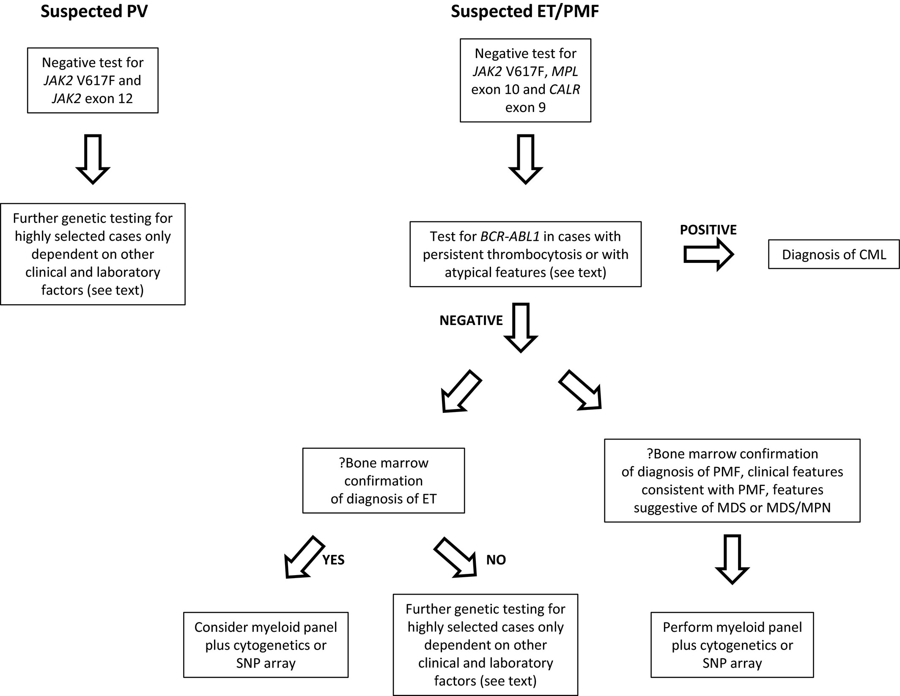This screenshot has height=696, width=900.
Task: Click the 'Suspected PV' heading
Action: [x=94, y=12]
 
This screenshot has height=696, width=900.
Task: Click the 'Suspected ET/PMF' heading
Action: [x=525, y=12]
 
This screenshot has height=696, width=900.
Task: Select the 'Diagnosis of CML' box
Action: [x=834, y=254]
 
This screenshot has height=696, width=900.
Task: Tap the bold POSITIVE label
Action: [x=708, y=230]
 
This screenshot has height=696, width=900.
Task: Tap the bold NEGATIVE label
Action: [x=471, y=320]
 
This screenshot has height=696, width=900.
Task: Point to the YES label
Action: [x=333, y=560]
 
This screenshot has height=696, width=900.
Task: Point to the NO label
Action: [x=496, y=560]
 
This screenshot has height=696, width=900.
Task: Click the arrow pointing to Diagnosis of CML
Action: [x=708, y=254]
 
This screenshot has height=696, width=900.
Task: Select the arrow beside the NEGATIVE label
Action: [x=521, y=328]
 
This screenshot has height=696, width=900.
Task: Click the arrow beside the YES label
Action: [x=304, y=557]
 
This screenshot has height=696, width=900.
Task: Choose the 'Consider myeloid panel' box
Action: [x=266, y=645]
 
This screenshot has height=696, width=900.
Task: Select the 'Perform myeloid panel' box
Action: [x=732, y=645]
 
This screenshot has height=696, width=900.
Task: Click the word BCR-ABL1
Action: [x=510, y=236]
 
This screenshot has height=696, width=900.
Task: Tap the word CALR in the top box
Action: [x=565, y=90]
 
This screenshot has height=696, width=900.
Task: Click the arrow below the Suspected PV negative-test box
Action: [x=93, y=159]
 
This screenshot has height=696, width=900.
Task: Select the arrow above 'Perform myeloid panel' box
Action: [x=732, y=560]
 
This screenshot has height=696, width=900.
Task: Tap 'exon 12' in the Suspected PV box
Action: [x=109, y=98]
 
